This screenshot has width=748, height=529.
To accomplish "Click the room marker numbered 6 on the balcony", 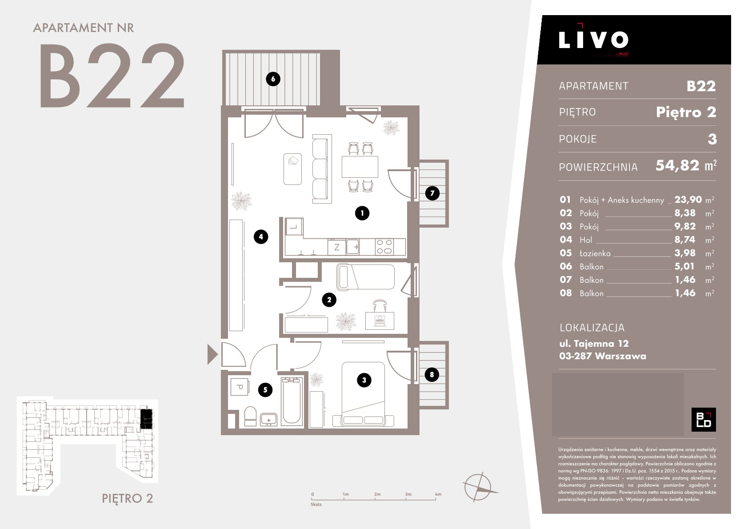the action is click(x=273, y=79).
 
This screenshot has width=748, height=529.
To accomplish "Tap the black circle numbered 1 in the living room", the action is click(x=362, y=213).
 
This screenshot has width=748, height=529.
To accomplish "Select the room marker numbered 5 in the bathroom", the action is click(x=265, y=390).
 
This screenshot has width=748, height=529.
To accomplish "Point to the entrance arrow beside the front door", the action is click(x=212, y=354).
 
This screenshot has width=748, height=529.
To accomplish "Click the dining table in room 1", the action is click(x=360, y=167).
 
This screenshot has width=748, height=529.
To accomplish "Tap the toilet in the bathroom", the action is click(x=250, y=417).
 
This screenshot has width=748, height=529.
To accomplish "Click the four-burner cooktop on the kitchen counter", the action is click(x=384, y=247).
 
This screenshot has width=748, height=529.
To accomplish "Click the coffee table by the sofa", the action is click(x=292, y=169).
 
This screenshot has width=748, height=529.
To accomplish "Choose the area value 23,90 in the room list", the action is click(x=688, y=200).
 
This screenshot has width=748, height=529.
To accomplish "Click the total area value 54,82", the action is click(x=677, y=165).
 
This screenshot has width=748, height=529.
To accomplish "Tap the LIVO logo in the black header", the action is click(x=593, y=40).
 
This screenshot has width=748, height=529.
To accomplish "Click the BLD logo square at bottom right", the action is click(x=704, y=420).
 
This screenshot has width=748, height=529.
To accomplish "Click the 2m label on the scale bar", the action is click(x=377, y=494).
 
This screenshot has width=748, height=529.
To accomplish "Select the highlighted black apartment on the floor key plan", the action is click(x=146, y=418).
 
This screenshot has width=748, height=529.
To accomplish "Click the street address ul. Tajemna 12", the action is click(x=594, y=343).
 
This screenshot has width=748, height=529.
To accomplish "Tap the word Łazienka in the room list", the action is click(x=595, y=253).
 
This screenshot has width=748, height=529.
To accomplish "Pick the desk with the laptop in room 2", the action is click(x=380, y=321).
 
